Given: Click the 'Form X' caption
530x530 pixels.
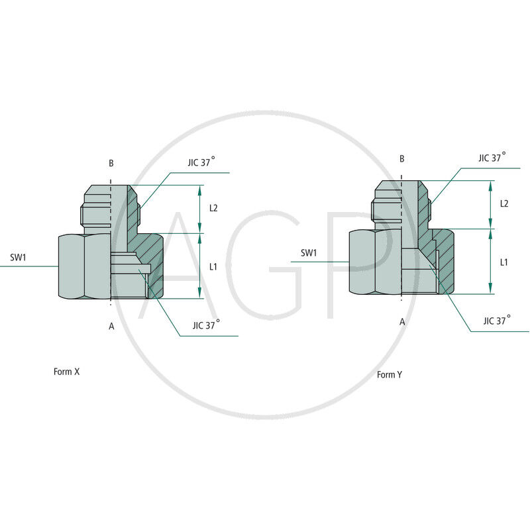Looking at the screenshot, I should [66, 372].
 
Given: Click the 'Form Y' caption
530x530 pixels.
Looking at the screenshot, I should [390, 375].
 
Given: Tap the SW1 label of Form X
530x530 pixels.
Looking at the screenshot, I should [18, 256].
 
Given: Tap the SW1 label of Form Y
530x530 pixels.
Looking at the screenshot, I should [309, 252].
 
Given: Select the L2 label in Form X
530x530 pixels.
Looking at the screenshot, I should [213, 208].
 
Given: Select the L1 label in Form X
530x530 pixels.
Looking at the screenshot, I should [213, 266].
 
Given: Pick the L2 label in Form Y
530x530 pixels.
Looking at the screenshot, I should [503, 203].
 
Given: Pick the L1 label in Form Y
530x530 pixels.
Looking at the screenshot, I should [503, 262].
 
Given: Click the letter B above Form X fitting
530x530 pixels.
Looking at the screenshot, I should [111, 163].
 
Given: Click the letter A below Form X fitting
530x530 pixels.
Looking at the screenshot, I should [111, 325].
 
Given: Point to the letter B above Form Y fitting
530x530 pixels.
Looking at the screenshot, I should [401, 159].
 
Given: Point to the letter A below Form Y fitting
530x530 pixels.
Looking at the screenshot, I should [401, 321].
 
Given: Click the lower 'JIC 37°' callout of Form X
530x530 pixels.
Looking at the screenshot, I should [207, 325].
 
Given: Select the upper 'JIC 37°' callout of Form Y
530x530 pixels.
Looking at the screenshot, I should [492, 158].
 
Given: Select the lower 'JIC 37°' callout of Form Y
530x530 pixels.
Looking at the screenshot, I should [498, 321].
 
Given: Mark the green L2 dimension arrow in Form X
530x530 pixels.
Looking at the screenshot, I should [200, 209].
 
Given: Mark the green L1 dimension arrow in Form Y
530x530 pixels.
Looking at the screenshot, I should [490, 262].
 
